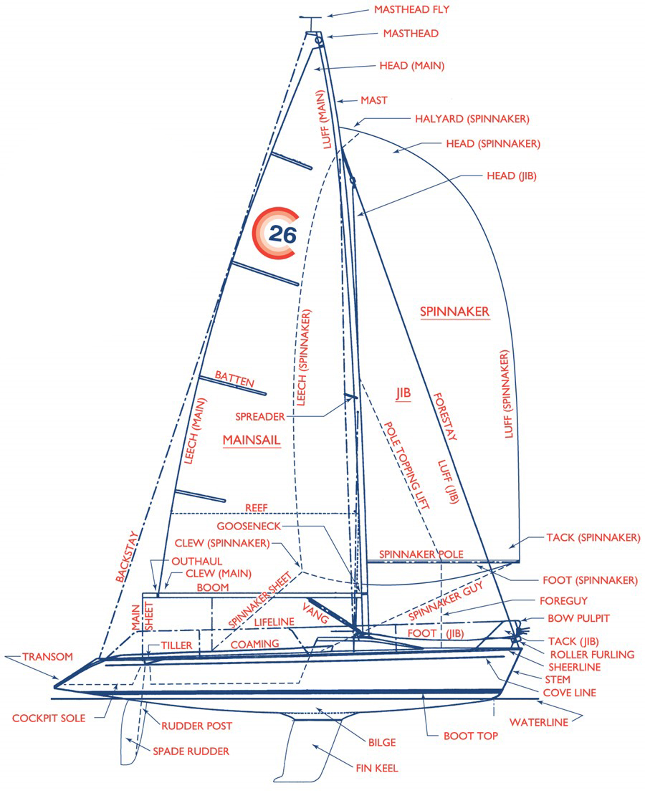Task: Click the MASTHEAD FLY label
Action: coord(411,9)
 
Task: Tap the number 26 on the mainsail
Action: coord(282,234)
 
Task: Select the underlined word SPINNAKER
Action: coord(455,312)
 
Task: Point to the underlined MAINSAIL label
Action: coord(252,440)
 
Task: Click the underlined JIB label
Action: coord(403,393)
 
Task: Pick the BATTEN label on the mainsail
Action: coord(234,379)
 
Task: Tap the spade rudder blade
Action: coord(130,734)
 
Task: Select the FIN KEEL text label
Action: coord(377,768)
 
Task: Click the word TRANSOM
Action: coord(47,656)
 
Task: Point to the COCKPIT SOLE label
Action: coord(49,718)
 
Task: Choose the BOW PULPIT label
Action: coord(578,618)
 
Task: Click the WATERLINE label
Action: coord(539,722)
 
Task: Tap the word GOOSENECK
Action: coord(249,526)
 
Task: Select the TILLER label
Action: coord(176,645)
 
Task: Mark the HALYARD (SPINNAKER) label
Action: coord(472,119)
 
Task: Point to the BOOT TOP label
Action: coord(470,736)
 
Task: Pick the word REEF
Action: coord(257,508)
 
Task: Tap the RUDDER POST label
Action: coord(197,726)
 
